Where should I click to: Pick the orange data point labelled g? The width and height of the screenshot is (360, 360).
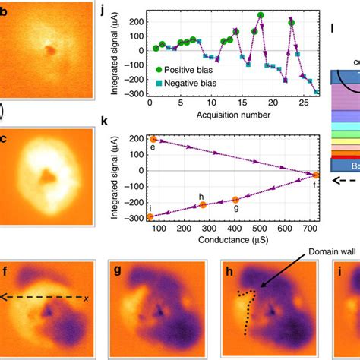[x=235, y=200]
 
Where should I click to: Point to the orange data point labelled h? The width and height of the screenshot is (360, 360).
[x=202, y=206]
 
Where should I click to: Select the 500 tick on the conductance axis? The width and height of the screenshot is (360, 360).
[x=259, y=230]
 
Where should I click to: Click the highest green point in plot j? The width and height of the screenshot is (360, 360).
[x=261, y=15]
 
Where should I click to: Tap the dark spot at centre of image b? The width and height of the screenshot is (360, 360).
[x=50, y=50]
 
